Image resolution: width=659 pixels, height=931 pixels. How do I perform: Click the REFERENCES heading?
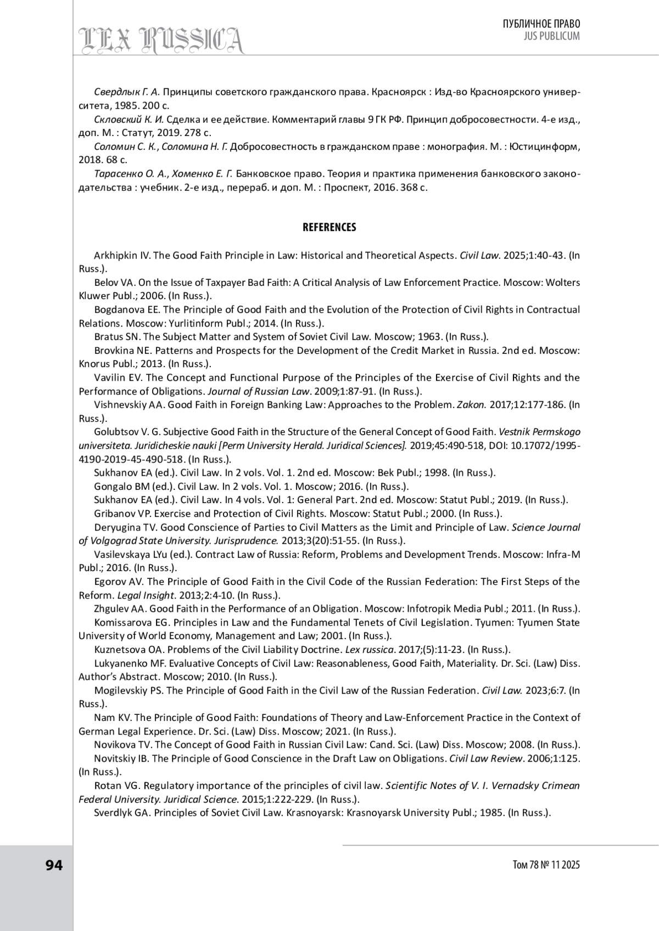pyautogui.click(x=329, y=227)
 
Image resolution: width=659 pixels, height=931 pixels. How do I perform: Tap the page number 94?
pyautogui.click(x=54, y=865)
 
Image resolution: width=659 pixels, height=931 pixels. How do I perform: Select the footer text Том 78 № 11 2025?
pyautogui.click(x=546, y=865)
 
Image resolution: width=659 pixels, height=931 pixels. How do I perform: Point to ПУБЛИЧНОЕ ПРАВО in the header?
pyautogui.click(x=541, y=24)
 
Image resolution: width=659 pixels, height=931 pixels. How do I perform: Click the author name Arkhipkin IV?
pyautogui.click(x=122, y=255)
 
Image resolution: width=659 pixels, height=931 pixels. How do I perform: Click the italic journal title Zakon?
pyautogui.click(x=472, y=405)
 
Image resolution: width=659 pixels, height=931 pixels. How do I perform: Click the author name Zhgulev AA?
pyautogui.click(x=120, y=608)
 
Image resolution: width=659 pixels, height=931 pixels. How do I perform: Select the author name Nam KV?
pyautogui.click(x=113, y=718)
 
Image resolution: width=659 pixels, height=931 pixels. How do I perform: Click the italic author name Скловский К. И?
pyautogui.click(x=129, y=120)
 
